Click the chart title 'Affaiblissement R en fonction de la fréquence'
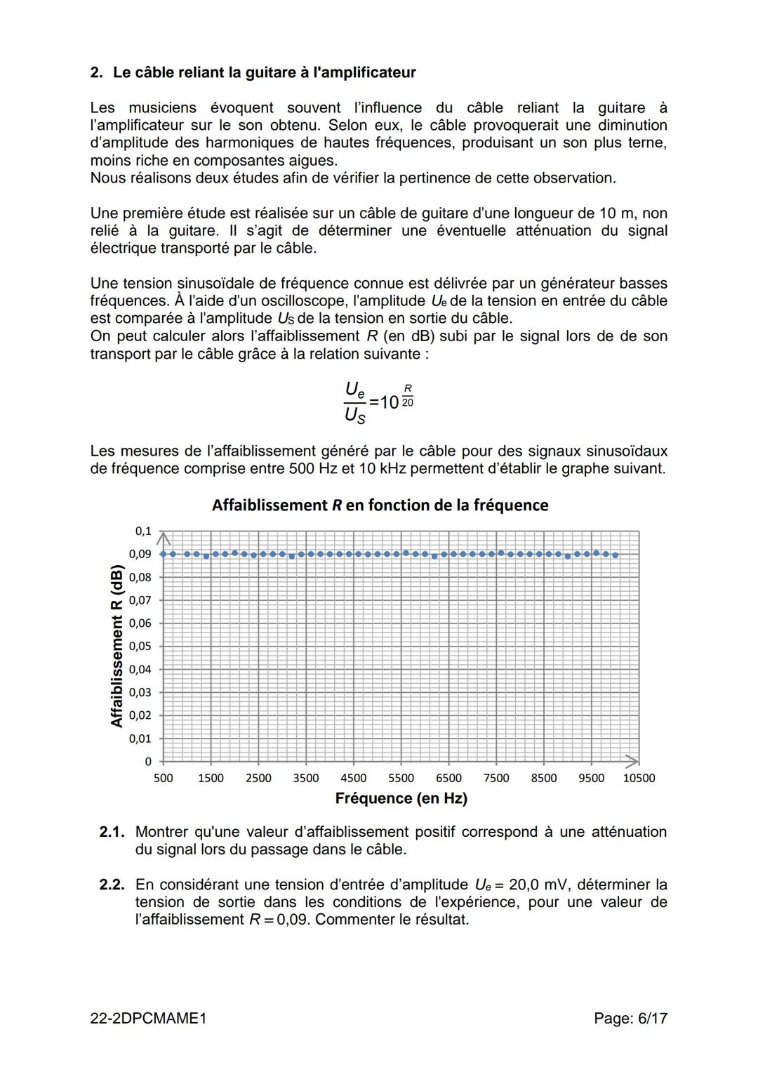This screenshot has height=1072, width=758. pos(380,505)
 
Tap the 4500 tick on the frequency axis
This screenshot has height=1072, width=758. pos(353,778)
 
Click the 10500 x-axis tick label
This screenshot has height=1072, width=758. pos(639,778)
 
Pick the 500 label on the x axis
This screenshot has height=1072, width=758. pos(163,778)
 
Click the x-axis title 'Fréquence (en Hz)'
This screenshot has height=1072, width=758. pos(401,798)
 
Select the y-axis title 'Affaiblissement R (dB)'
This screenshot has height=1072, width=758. pos(117,646)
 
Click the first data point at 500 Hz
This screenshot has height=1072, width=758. pos(163,554)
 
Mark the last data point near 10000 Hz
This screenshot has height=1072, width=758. pos(616,555)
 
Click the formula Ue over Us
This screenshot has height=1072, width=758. pos(355,402)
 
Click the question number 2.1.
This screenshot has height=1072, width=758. pos(112,832)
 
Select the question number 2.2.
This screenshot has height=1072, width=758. pos(112,885)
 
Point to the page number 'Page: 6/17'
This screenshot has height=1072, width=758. pos(630,1018)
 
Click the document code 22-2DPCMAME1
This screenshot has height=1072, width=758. pos(148,1018)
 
